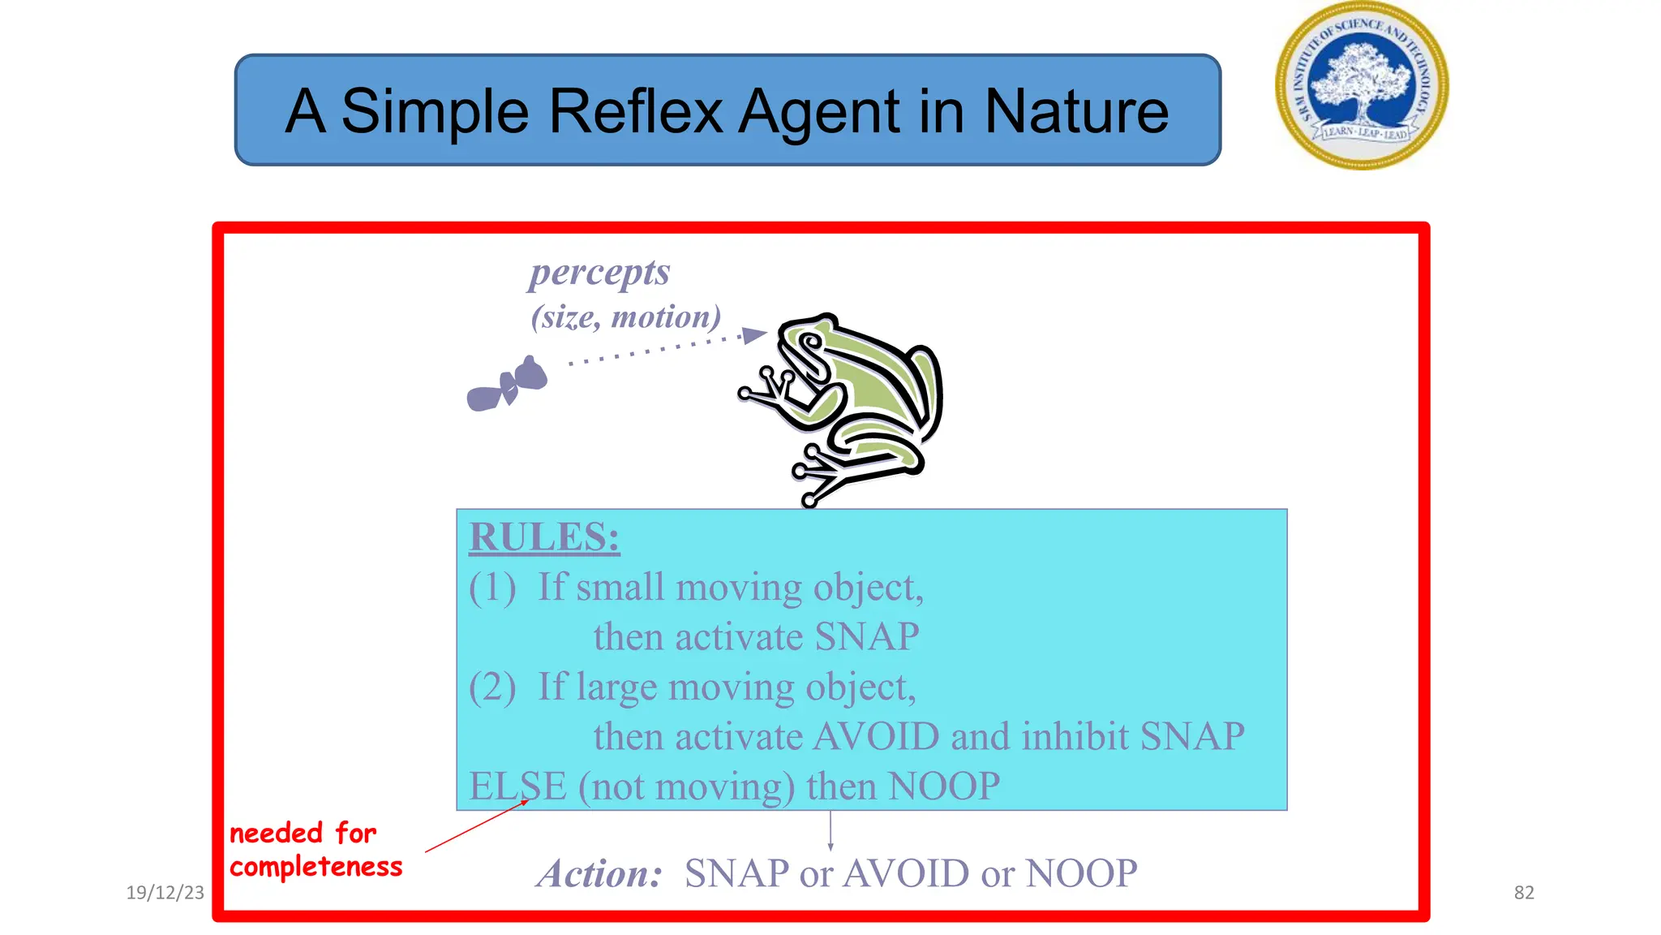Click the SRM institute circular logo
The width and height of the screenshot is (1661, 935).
coord(1362,86)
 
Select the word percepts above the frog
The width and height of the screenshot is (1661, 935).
coord(599,273)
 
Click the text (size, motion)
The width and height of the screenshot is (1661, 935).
coord(625,317)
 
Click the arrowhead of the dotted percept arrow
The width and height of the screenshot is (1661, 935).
coord(754,334)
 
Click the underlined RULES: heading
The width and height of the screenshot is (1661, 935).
coord(544,537)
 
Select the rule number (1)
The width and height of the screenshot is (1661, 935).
coord(492,588)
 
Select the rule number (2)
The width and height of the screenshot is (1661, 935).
coord(492,687)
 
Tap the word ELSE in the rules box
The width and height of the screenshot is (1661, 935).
coord(517,786)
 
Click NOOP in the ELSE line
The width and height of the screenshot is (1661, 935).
coord(944,786)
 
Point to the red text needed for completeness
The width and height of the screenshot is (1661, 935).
coord(315,850)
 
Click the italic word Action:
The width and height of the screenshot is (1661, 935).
coord(600,874)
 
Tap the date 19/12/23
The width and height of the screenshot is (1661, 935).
coord(165,893)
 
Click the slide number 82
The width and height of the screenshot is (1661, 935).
coord(1524,893)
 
